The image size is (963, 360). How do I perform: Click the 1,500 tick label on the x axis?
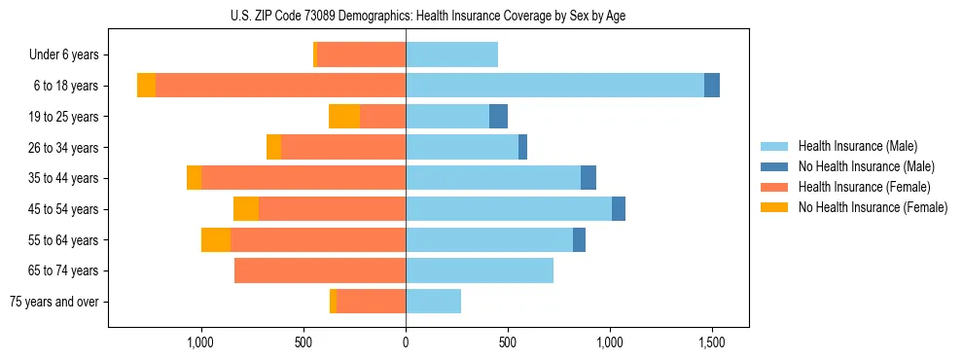click(712, 342)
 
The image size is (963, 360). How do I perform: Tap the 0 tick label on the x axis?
click(406, 342)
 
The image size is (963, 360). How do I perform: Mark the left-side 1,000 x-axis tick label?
click(200, 342)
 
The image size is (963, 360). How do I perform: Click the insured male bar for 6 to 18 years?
click(554, 86)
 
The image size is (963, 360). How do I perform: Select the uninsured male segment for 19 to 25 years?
click(498, 117)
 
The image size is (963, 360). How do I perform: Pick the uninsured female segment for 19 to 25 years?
click(344, 117)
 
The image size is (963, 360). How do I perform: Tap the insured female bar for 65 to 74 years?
click(320, 270)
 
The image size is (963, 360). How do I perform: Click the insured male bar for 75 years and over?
click(433, 302)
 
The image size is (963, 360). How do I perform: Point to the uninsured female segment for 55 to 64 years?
click(216, 239)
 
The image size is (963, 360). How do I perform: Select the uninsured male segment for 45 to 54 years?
click(619, 209)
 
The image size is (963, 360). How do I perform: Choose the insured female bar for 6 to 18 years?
click(280, 86)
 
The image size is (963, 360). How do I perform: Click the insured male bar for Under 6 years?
click(451, 55)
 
